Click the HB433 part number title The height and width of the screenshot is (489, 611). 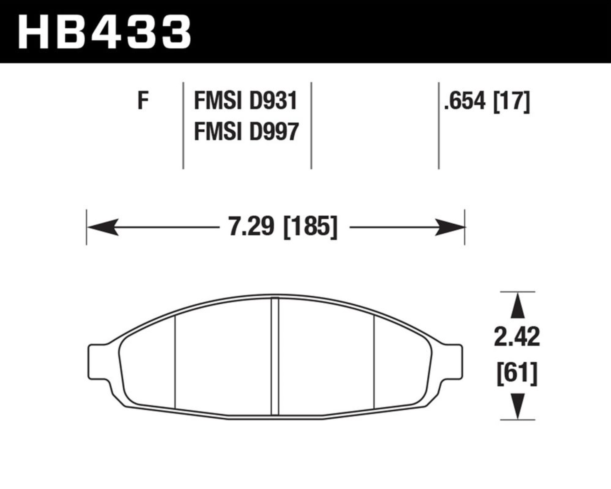(x=104, y=32)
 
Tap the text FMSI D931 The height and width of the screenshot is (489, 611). (x=246, y=101)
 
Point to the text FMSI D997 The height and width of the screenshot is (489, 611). (x=246, y=131)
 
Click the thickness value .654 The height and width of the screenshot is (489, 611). (x=465, y=101)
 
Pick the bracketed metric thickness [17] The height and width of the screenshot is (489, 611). (x=512, y=101)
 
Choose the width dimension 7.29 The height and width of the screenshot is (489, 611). (x=251, y=227)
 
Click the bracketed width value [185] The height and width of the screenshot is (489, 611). (x=310, y=227)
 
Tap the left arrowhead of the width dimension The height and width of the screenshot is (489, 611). (x=103, y=227)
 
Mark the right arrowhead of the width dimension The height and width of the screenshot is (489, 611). (x=449, y=227)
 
